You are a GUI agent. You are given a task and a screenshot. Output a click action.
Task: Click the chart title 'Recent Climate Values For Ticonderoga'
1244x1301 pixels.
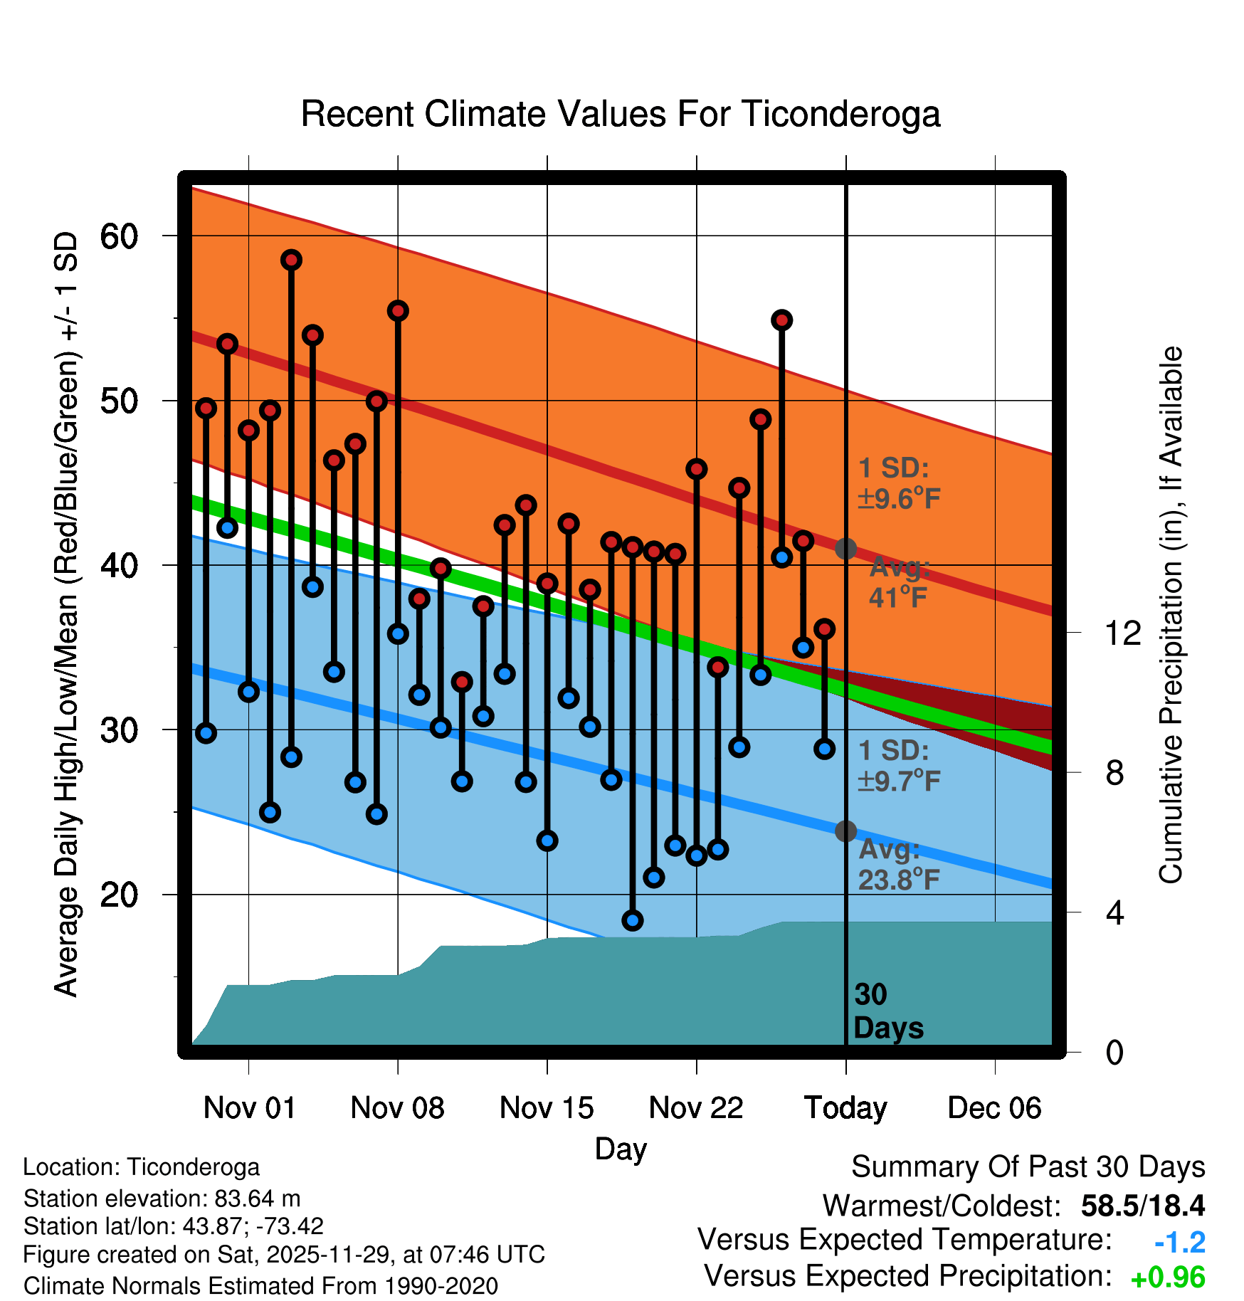click(x=621, y=114)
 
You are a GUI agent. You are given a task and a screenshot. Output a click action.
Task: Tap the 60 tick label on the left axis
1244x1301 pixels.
click(x=119, y=236)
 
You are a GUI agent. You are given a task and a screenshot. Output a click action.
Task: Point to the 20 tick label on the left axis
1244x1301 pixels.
click(x=119, y=895)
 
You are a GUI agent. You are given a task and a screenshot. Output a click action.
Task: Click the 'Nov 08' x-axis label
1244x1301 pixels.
click(x=397, y=1108)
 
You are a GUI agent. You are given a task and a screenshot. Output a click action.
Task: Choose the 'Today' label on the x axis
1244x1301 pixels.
click(x=845, y=1108)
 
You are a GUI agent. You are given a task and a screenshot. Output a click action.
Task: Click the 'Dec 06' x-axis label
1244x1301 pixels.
click(x=994, y=1108)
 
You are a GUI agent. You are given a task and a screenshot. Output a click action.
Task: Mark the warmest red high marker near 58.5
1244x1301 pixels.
click(x=291, y=260)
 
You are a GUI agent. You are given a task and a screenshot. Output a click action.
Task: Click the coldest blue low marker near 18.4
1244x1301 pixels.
click(x=633, y=920)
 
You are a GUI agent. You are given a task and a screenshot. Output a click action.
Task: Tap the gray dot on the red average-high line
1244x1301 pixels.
click(x=845, y=549)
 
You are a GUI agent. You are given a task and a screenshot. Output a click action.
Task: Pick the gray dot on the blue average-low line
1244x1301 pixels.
click(x=845, y=831)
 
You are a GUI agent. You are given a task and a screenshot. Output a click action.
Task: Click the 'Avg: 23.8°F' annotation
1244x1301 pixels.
click(x=898, y=865)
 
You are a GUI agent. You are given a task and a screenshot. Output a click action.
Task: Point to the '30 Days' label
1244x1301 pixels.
click(x=887, y=1011)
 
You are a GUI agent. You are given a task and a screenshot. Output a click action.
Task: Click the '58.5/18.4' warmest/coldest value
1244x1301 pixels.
click(x=1142, y=1206)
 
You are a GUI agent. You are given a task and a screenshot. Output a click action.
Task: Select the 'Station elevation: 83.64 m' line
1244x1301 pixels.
click(x=162, y=1199)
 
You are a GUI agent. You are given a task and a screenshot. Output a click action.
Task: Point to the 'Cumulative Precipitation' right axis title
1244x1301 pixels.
click(x=1171, y=615)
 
